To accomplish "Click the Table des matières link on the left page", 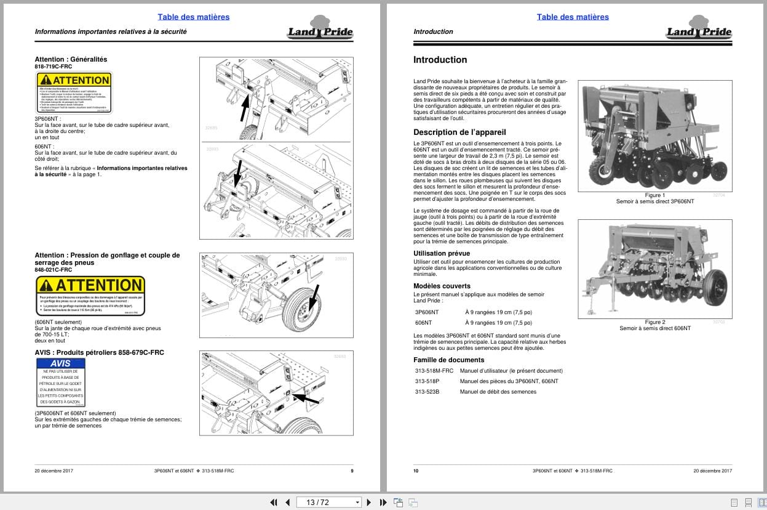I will tap(193, 17).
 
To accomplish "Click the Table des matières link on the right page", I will tap(572, 17).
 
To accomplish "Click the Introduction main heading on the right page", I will tap(440, 60).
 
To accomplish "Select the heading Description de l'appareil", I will tap(459, 132).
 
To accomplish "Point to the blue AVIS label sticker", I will tap(60, 382).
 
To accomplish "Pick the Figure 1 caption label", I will tap(654, 195).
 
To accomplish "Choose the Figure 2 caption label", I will tap(654, 322).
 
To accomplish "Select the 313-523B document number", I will tap(427, 392).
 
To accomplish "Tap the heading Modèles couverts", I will tap(442, 286).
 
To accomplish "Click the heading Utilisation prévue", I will tap(442, 253).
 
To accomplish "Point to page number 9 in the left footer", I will tap(352, 471).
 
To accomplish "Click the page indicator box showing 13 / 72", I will tap(330, 502).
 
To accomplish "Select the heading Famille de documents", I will tap(448, 360).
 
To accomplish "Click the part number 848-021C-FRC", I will tap(54, 270).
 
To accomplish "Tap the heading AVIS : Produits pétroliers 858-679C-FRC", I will tap(99, 352).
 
